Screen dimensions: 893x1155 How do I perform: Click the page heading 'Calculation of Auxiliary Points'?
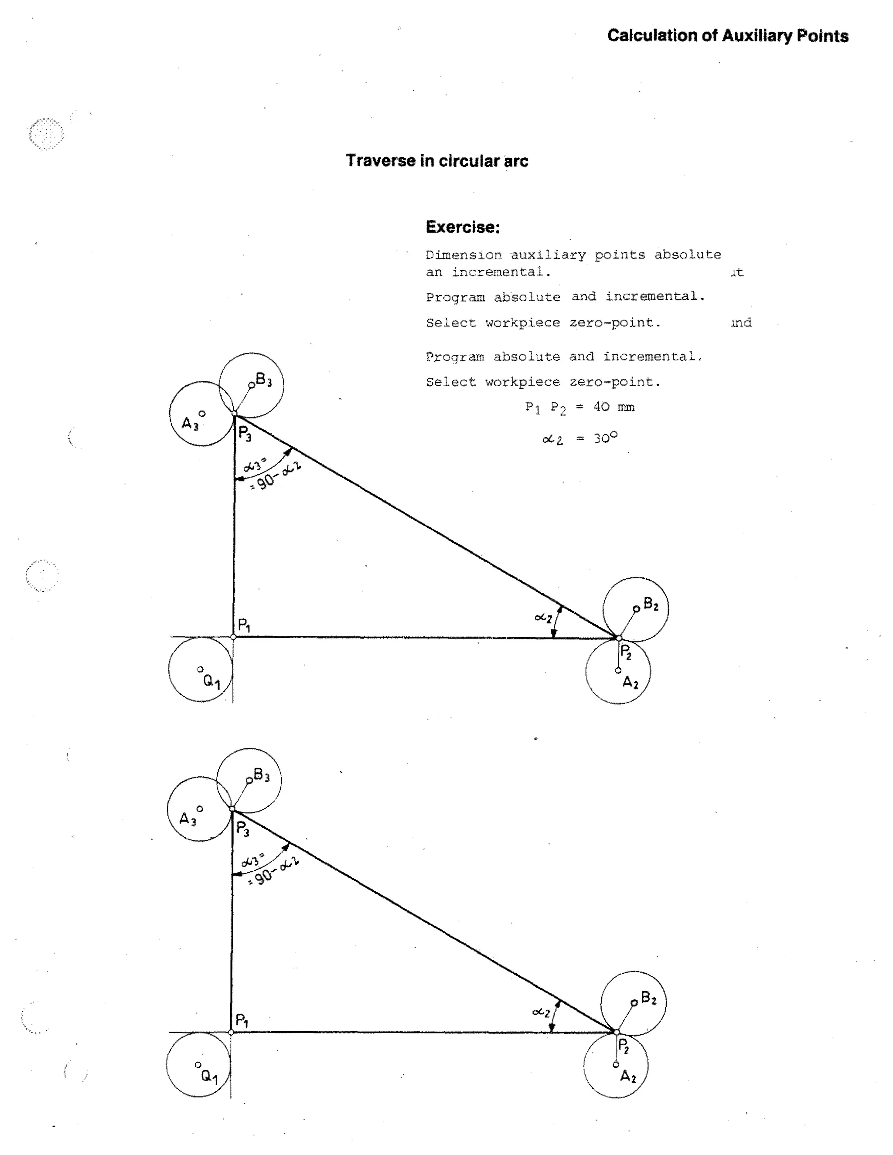tap(727, 36)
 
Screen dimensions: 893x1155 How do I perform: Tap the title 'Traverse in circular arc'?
tap(437, 161)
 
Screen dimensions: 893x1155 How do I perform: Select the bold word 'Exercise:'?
tap(462, 227)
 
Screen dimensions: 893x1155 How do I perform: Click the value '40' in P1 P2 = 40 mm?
tap(601, 407)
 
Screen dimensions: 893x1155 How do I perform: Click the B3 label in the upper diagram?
tap(264, 379)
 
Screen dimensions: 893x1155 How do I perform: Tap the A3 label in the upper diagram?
tap(190, 424)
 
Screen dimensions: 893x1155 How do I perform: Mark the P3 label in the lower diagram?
tap(242, 828)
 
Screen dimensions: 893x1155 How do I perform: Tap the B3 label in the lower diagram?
tap(262, 775)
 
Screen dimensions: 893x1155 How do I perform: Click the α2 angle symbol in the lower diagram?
tap(541, 1012)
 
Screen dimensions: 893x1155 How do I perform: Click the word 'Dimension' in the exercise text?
tap(464, 255)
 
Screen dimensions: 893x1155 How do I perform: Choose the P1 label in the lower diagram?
tap(242, 1020)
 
